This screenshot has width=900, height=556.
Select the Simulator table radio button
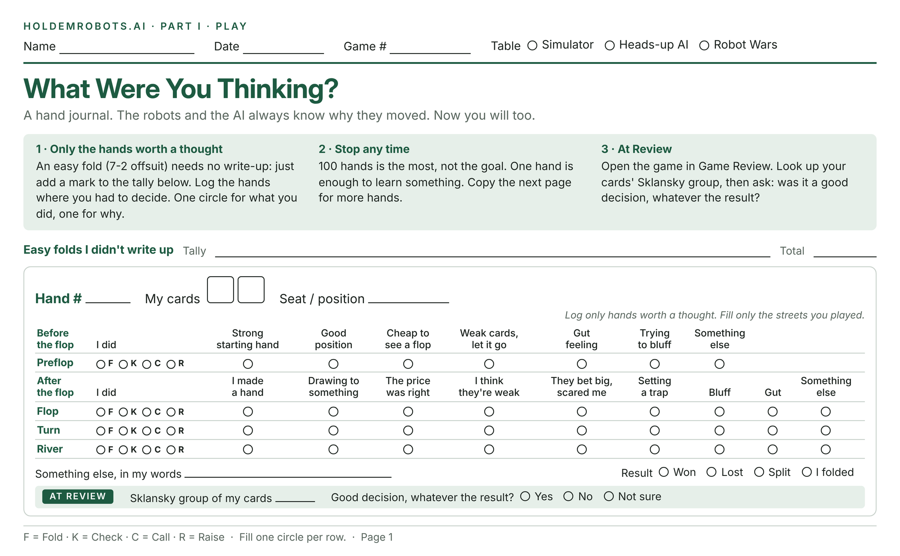click(x=532, y=45)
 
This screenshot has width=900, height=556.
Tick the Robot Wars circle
click(x=704, y=45)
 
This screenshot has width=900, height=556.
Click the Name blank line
click(x=127, y=54)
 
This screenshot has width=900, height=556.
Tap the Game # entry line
click(x=430, y=54)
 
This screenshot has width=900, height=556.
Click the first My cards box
click(x=220, y=290)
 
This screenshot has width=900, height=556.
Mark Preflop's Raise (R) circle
click(x=171, y=364)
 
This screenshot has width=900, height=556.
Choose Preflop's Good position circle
click(x=333, y=364)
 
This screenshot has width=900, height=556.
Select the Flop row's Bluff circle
click(x=720, y=412)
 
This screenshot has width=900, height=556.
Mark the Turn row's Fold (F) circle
click(x=101, y=431)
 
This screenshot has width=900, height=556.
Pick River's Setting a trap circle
click(x=655, y=449)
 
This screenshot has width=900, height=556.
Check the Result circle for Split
click(x=759, y=472)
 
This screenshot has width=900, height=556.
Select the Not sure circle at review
click(x=609, y=496)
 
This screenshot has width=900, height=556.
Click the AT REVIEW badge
click(x=78, y=496)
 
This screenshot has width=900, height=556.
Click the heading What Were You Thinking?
click(x=181, y=89)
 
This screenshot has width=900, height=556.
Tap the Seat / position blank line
click(x=409, y=303)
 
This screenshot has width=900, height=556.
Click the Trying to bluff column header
click(x=655, y=339)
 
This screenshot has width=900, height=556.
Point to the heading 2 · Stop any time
click(x=364, y=149)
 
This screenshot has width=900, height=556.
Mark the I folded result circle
click(x=807, y=472)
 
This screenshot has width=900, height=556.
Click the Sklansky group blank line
click(x=295, y=501)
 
